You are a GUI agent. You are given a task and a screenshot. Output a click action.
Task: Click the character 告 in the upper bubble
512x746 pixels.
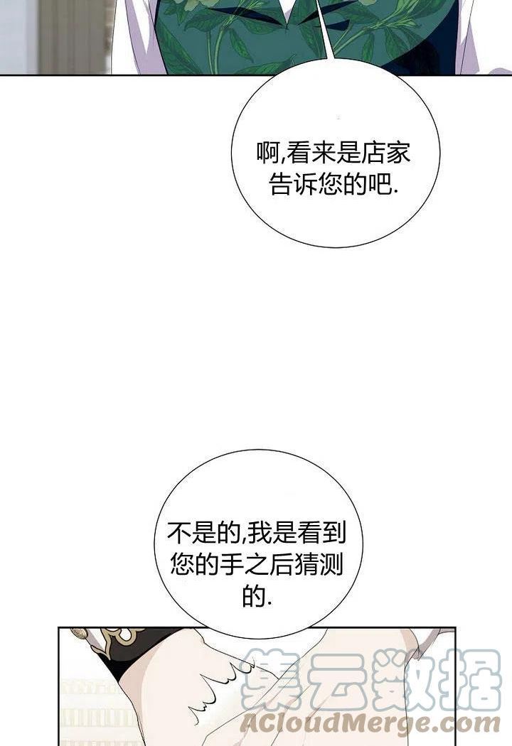281,184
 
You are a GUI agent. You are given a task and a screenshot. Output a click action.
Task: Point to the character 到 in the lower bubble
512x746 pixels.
334,534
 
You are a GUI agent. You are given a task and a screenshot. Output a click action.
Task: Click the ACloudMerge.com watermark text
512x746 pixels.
370,724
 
